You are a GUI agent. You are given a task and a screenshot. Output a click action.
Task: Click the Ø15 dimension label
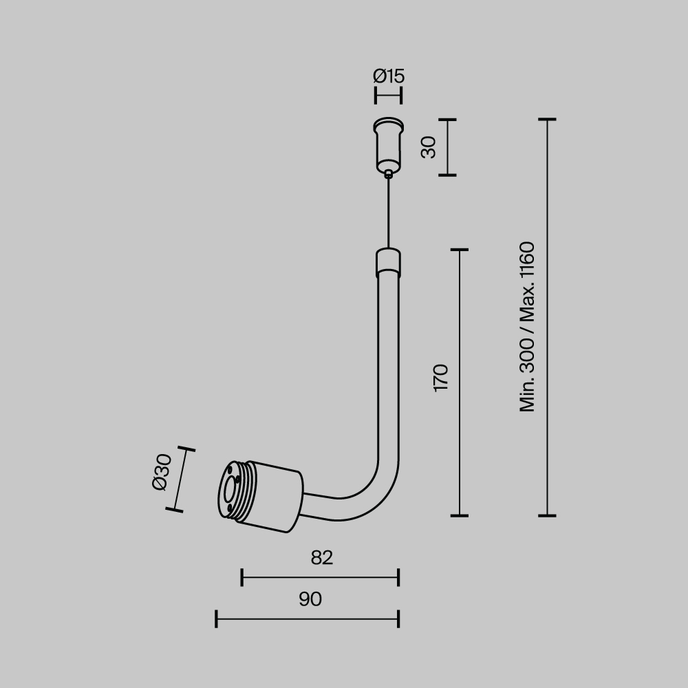[x=389, y=76]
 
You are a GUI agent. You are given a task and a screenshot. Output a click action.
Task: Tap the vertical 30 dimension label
[x=429, y=147]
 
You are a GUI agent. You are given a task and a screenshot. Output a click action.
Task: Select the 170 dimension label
[x=441, y=378]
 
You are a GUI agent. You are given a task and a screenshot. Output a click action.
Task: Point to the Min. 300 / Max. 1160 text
[x=528, y=327]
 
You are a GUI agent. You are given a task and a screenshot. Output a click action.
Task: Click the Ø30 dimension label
[x=161, y=472]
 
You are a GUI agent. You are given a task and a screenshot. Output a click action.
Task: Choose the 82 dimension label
[x=321, y=558]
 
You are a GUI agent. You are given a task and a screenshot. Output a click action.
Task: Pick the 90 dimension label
[x=310, y=600]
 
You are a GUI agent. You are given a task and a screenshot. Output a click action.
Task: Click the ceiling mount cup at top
[x=389, y=145]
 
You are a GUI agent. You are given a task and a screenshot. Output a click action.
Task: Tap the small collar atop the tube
[x=389, y=262]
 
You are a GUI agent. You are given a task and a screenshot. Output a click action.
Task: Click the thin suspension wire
[x=389, y=213]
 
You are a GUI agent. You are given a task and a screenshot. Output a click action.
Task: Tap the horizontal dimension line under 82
[x=320, y=577]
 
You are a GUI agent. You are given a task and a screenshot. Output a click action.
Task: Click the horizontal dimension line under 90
[x=307, y=619]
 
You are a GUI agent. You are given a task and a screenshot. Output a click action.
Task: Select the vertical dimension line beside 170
[x=459, y=383]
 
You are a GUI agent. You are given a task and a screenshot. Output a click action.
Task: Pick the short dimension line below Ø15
[x=389, y=96]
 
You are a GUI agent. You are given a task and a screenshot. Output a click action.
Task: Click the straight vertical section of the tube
[x=389, y=365]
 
